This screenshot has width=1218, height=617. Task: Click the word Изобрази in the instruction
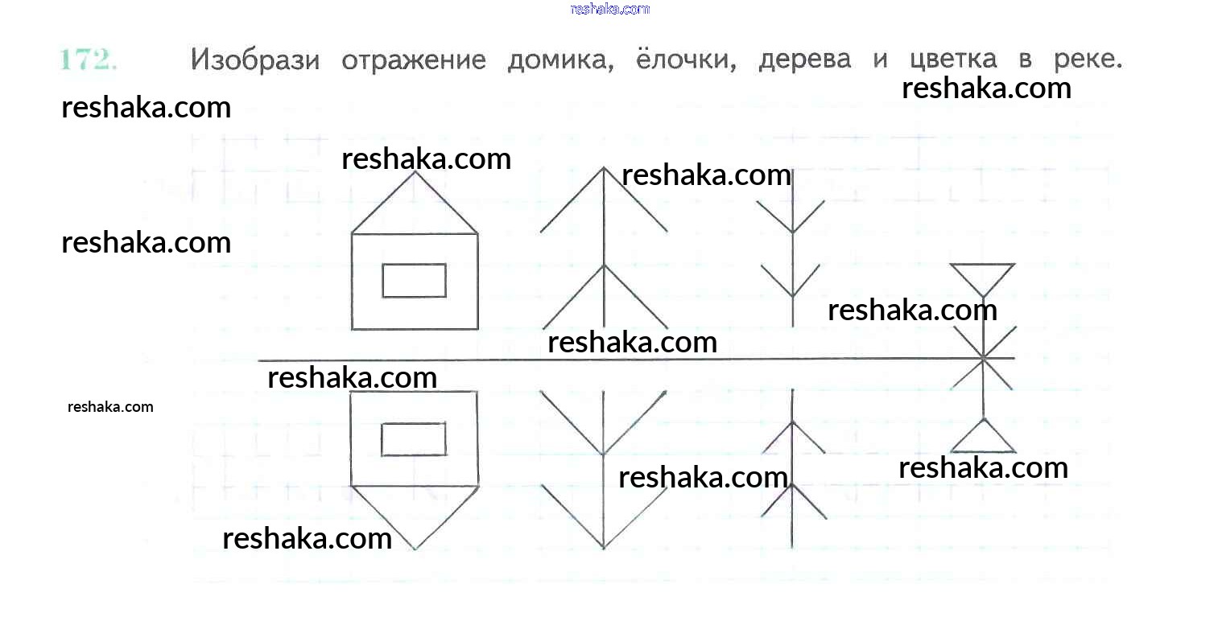tap(254, 60)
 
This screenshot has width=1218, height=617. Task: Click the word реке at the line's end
tap(1086, 60)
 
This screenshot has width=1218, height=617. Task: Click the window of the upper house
tap(414, 280)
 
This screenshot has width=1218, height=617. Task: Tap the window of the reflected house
tap(413, 439)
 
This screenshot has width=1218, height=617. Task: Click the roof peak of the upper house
tap(415, 171)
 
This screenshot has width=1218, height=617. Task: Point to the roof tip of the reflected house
tap(415, 549)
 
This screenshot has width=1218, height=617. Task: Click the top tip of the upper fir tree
tap(604, 168)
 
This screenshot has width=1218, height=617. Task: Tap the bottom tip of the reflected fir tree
tap(604, 549)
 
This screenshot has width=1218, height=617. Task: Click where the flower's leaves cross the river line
tap(982, 358)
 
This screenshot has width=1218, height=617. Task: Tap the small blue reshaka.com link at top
tap(609, 9)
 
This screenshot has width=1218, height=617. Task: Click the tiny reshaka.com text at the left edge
tap(110, 406)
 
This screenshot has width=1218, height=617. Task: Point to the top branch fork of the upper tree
tap(793, 232)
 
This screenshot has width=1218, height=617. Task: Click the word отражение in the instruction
tap(413, 61)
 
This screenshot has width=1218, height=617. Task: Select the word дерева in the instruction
tap(804, 61)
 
